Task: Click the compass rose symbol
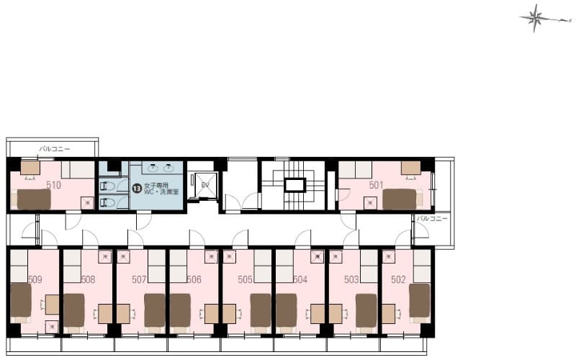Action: (535, 18)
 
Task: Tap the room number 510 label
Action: (53, 185)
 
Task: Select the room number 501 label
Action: (376, 185)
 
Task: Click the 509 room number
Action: (35, 279)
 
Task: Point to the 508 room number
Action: (88, 279)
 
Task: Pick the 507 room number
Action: (140, 279)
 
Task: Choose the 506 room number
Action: (194, 279)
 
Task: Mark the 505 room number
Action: (245, 279)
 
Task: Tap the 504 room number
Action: (300, 279)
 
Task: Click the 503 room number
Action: (351, 279)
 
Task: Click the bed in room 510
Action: (34, 199)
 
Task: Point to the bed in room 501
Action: (400, 198)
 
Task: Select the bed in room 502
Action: (419, 300)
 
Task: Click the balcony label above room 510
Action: (55, 149)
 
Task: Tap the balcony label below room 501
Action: (433, 218)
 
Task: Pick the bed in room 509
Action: (20, 301)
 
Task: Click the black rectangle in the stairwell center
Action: (294, 185)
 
